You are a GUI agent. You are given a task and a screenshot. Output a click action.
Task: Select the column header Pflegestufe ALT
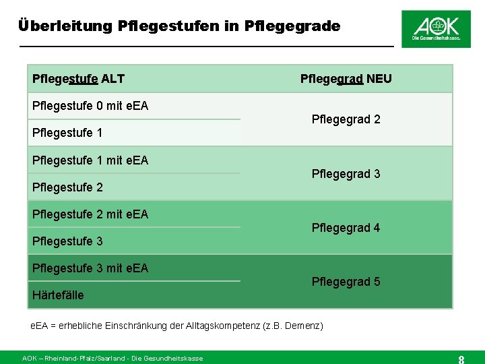click(x=78, y=79)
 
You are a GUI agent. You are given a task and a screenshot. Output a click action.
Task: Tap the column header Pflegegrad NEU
click(x=346, y=79)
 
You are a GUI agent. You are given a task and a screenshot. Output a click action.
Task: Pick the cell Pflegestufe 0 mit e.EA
click(x=90, y=106)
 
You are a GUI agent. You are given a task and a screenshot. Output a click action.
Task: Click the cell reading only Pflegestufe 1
click(x=67, y=133)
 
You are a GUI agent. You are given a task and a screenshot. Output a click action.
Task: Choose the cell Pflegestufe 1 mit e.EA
click(x=90, y=160)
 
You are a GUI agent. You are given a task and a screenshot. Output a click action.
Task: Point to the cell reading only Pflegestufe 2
click(x=67, y=187)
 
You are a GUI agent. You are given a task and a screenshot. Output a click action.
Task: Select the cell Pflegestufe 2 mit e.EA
click(x=90, y=214)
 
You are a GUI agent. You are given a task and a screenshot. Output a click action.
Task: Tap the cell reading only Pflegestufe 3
click(x=67, y=241)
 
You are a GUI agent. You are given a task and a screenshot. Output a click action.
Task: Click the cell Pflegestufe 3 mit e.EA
click(x=90, y=268)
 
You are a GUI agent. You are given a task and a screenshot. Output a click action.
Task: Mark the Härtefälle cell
click(x=58, y=295)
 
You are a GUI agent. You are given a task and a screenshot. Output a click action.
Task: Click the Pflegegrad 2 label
click(x=346, y=119)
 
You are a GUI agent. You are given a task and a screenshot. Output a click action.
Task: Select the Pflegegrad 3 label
click(x=346, y=174)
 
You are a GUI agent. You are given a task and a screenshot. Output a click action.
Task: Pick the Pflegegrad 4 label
click(x=346, y=228)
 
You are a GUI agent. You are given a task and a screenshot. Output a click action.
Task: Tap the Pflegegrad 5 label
click(x=346, y=282)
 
